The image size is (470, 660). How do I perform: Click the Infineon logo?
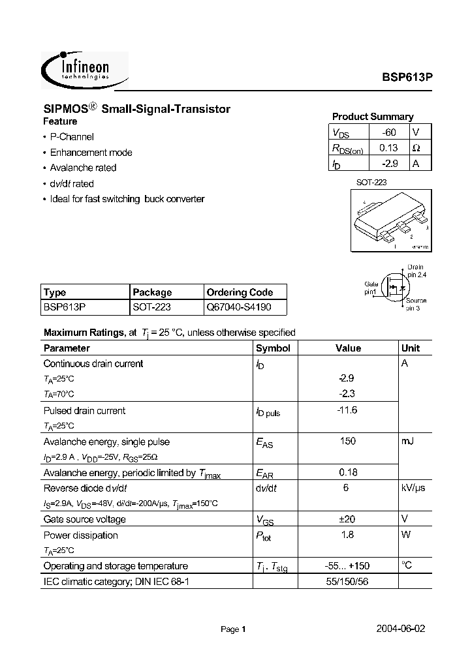coord(85,70)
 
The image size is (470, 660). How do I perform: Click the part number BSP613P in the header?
coord(407,76)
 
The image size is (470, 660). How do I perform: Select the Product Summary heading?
coord(373,117)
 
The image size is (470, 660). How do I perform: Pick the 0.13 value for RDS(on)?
coord(388,148)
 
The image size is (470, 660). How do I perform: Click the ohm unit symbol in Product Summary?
coord(416,148)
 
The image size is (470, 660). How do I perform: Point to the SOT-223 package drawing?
coord(390,221)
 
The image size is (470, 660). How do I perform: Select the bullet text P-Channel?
coord(72,137)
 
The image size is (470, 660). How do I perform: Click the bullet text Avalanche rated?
coord(83,168)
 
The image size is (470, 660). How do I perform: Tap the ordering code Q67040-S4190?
coord(238,306)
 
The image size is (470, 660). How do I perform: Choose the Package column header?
coord(152,292)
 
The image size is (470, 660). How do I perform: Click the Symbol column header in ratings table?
coord(273,348)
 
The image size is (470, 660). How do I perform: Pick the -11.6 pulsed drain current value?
coord(348,410)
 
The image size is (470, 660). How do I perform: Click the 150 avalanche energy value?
coord(348,442)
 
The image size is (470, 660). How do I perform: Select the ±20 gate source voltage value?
coord(348,519)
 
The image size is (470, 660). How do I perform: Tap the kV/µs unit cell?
coord(414,488)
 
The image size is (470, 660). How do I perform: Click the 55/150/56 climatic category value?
coord(348,581)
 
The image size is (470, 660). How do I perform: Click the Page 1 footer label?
coord(232,630)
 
